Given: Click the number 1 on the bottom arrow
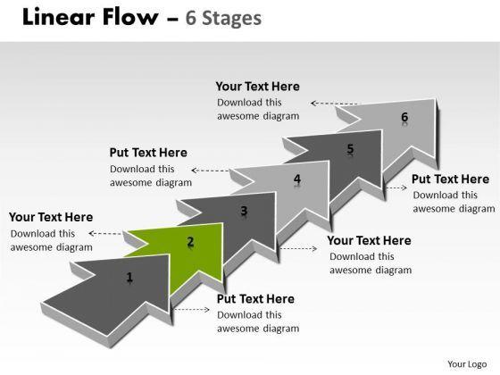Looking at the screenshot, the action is point(129,277).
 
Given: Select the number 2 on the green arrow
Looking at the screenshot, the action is point(190,242).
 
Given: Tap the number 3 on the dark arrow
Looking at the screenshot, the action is point(244,211).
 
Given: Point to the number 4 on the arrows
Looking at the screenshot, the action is point(297,179).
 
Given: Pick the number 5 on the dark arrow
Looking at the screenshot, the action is point(350,148).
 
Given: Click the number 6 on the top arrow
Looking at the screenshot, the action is point(404,117).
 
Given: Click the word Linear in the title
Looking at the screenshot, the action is point(58,17).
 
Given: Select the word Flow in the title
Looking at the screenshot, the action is point(129,17).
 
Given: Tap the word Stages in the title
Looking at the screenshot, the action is point(232,19).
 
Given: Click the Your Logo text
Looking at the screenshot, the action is point(467,364).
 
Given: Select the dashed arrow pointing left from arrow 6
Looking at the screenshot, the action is point(334,104).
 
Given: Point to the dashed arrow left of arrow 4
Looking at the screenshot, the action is point(210,171).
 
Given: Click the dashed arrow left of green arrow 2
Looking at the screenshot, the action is point(105,233).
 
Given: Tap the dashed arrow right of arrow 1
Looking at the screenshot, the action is point(192,309).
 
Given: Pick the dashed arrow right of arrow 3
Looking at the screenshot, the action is point(298,248).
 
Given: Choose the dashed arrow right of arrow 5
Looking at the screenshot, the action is point(396,187).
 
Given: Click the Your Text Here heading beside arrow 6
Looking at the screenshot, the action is point(257,87).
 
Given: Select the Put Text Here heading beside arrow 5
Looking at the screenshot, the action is point(450,179).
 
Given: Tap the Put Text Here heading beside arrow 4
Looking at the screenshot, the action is point(148,153).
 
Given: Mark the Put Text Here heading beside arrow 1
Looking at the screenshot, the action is point(255,299).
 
